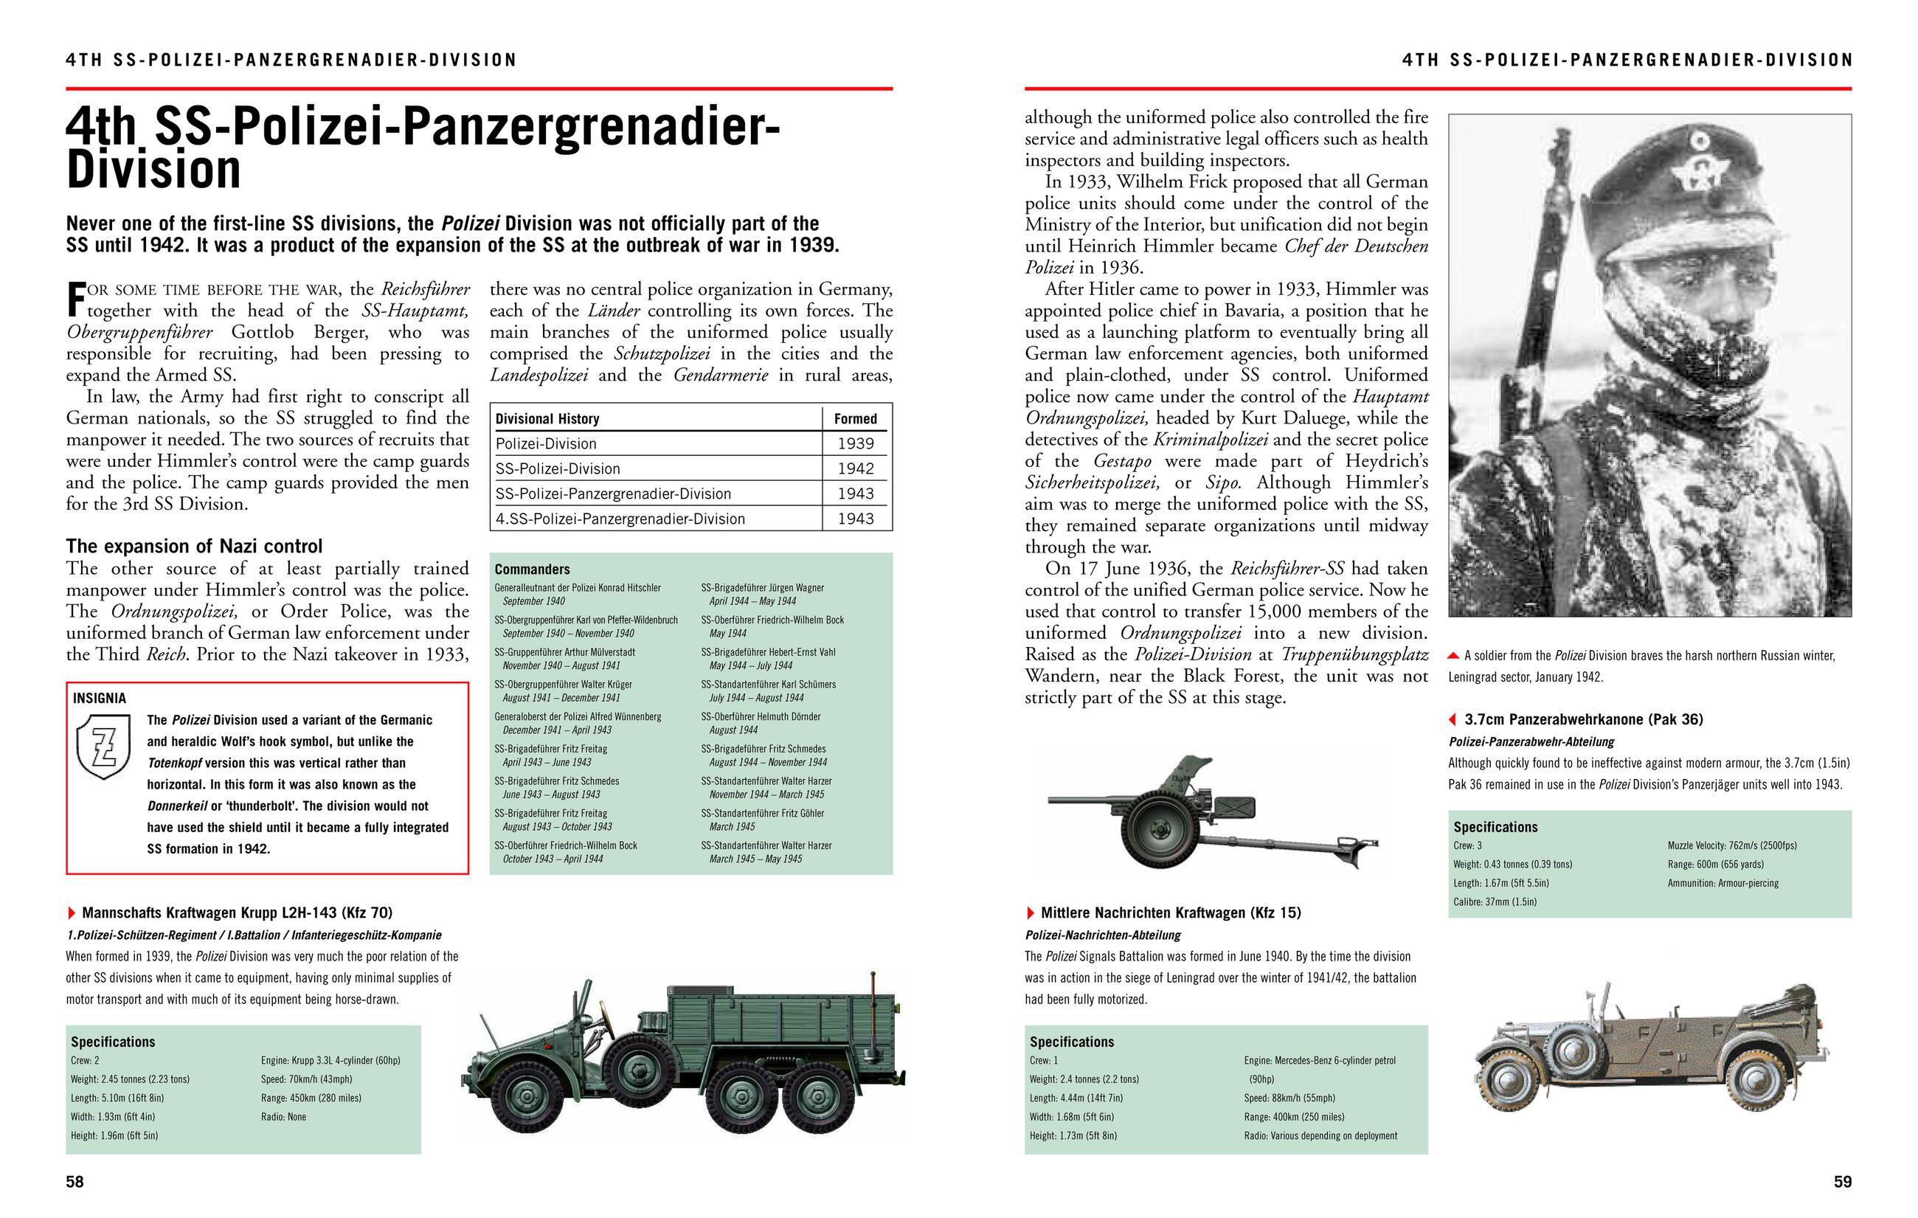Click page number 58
[x=75, y=1181]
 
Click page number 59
[x=1842, y=1181]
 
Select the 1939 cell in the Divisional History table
[x=856, y=443]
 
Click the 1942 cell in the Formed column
[x=856, y=468]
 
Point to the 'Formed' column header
[x=855, y=418]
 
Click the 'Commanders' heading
[x=532, y=569]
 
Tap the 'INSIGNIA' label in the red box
[x=100, y=698]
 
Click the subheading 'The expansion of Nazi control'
[x=193, y=546]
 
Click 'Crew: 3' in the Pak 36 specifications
[x=1467, y=845]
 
